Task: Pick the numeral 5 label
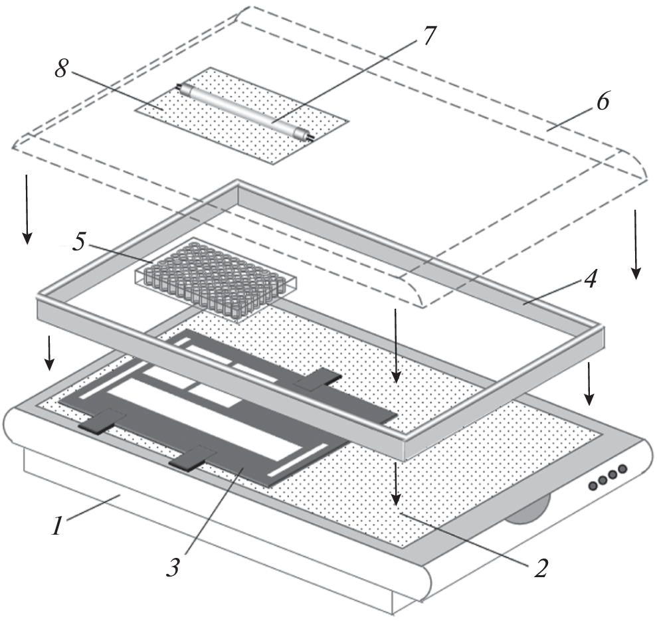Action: pos(78,242)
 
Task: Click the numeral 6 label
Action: pos(602,104)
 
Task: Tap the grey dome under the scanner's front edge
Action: pos(529,512)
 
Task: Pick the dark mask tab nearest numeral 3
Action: pos(193,459)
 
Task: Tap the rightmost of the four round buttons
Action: pos(622,470)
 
